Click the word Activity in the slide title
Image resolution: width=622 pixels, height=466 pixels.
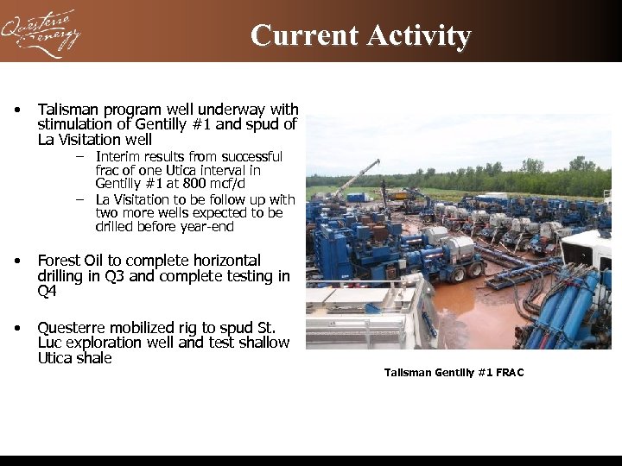(x=419, y=35)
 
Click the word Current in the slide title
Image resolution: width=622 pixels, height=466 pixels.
(x=304, y=35)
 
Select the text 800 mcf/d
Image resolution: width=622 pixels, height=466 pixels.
(x=216, y=184)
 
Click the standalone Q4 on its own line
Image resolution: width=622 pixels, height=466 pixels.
(x=47, y=292)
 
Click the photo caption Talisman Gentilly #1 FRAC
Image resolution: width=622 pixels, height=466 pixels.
(x=454, y=373)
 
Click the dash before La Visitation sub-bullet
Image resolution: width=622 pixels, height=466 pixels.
(x=79, y=199)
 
